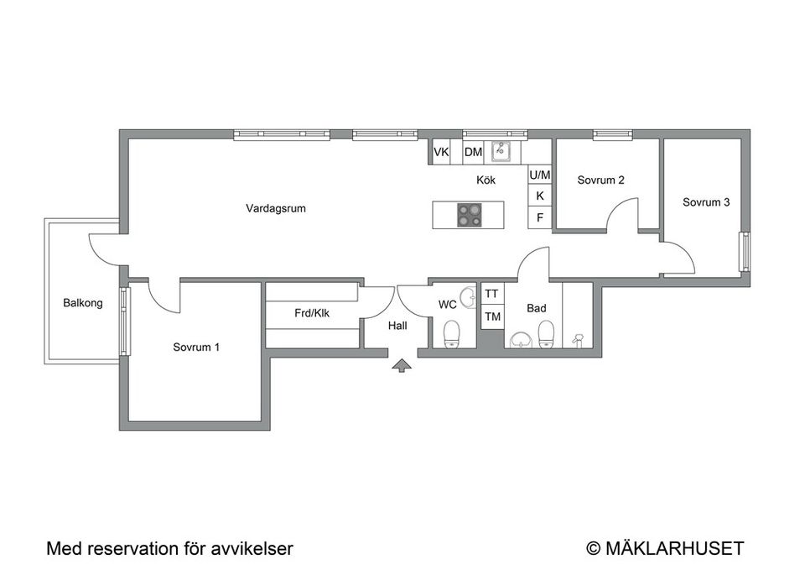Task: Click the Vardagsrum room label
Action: point(275,208)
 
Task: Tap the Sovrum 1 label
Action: point(197,347)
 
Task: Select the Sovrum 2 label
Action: point(600,180)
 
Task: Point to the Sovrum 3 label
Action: point(705,201)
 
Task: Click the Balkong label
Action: point(83,303)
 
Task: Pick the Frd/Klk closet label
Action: point(311,314)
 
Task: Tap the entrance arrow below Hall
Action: point(402,364)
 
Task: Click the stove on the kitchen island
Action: point(469,216)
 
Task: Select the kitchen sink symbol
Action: point(501,152)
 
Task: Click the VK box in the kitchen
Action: point(441,152)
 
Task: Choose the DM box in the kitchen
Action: point(473,152)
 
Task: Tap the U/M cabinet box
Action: point(540,175)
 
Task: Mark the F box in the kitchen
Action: point(540,217)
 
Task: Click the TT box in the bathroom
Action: point(492,294)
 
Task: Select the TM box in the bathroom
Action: point(492,316)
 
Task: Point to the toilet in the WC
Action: point(452,333)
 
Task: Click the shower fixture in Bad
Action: point(577,340)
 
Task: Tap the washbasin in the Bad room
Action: point(521,339)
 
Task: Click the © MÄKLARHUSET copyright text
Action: point(665,549)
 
